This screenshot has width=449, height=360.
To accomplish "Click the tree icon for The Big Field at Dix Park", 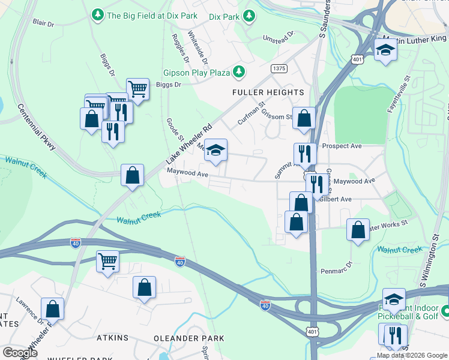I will click(97, 14).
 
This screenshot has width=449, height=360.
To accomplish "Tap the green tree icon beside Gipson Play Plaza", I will click(240, 73).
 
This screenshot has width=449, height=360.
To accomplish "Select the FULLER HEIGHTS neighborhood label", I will click(268, 92).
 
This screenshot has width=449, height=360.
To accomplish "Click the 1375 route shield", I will click(279, 68).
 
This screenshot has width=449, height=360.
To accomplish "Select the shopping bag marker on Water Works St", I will click(358, 230).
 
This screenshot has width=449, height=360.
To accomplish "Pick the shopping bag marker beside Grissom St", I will click(304, 118).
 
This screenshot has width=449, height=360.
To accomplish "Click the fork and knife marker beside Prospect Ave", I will click(306, 154).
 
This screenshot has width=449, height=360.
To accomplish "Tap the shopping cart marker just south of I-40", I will click(107, 261).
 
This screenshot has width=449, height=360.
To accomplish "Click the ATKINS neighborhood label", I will click(112, 338).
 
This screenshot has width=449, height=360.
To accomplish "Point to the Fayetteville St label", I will click(401, 96).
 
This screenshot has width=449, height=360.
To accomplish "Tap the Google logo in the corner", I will click(20, 353).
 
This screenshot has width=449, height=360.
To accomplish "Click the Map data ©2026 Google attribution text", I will click(412, 355).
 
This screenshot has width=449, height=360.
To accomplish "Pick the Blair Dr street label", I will click(45, 23).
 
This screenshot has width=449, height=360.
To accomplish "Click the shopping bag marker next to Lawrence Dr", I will click(52, 309).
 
